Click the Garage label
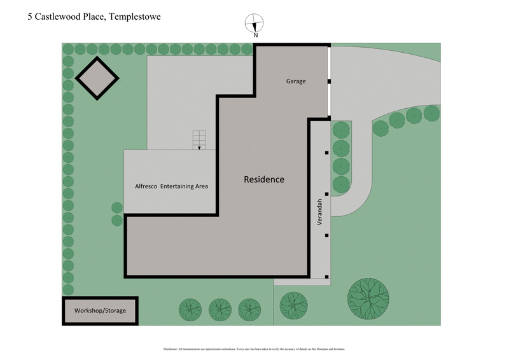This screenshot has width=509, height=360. click(295, 81)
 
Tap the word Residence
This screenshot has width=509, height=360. click(264, 179)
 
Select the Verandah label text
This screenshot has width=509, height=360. click(320, 211)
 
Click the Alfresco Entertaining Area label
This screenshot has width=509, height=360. click(167, 186)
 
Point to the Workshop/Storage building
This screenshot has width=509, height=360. click(100, 311)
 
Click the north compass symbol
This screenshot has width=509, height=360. click(254, 23)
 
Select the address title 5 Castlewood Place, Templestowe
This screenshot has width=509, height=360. click(94, 17)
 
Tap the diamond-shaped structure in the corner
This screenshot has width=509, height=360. click(97, 78)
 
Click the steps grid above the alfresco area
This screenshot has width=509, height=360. click(200, 139)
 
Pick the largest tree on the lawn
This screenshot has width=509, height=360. click(368, 298)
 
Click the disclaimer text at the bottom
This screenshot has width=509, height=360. click(254, 349)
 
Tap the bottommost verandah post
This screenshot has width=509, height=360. click(326, 277)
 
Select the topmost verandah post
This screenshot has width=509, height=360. click(326, 153)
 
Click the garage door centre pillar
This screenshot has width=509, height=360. click(329, 81)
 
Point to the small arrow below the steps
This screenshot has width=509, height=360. click(199, 148)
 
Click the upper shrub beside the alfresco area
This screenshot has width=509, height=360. click(117, 207)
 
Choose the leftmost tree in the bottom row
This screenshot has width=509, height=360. click(190, 310)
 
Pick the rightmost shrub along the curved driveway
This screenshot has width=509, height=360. click(431, 113)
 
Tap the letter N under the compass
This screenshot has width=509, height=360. click(255, 36)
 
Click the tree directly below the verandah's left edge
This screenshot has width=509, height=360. click(293, 305)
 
